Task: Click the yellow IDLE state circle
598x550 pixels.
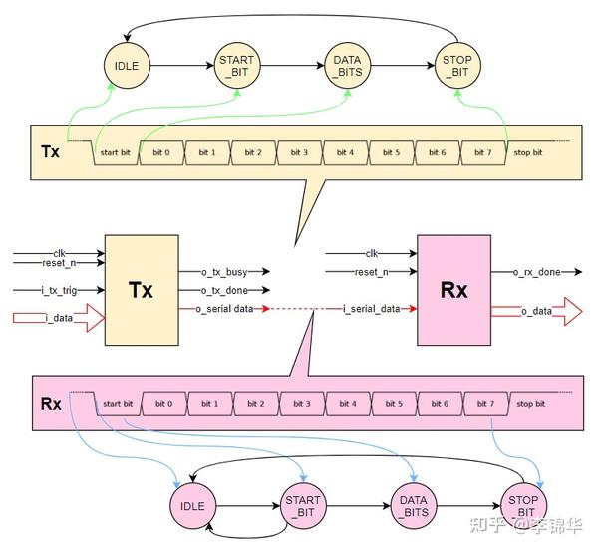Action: click(127, 66)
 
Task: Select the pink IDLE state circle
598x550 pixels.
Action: click(193, 506)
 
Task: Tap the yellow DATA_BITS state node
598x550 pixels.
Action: click(347, 66)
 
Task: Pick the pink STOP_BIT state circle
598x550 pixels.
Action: click(523, 506)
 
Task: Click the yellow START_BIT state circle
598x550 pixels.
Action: click(237, 66)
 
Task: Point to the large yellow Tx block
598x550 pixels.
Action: click(142, 290)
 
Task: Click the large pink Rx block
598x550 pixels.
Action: click(453, 290)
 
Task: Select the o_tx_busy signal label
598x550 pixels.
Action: click(224, 272)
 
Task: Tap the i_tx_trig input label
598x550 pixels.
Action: click(59, 290)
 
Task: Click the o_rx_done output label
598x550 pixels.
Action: click(536, 272)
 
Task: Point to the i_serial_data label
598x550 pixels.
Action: click(371, 309)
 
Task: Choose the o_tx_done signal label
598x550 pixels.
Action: click(224, 290)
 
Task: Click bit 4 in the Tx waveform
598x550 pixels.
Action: click(345, 152)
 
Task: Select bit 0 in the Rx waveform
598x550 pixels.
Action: click(164, 404)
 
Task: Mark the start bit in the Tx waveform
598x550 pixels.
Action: click(116, 152)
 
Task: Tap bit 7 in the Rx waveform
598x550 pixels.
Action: click(485, 404)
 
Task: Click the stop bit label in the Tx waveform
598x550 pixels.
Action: click(528, 152)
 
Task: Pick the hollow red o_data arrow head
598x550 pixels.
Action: click(573, 312)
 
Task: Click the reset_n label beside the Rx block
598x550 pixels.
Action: click(371, 272)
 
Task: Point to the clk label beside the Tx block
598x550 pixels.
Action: click(59, 253)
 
